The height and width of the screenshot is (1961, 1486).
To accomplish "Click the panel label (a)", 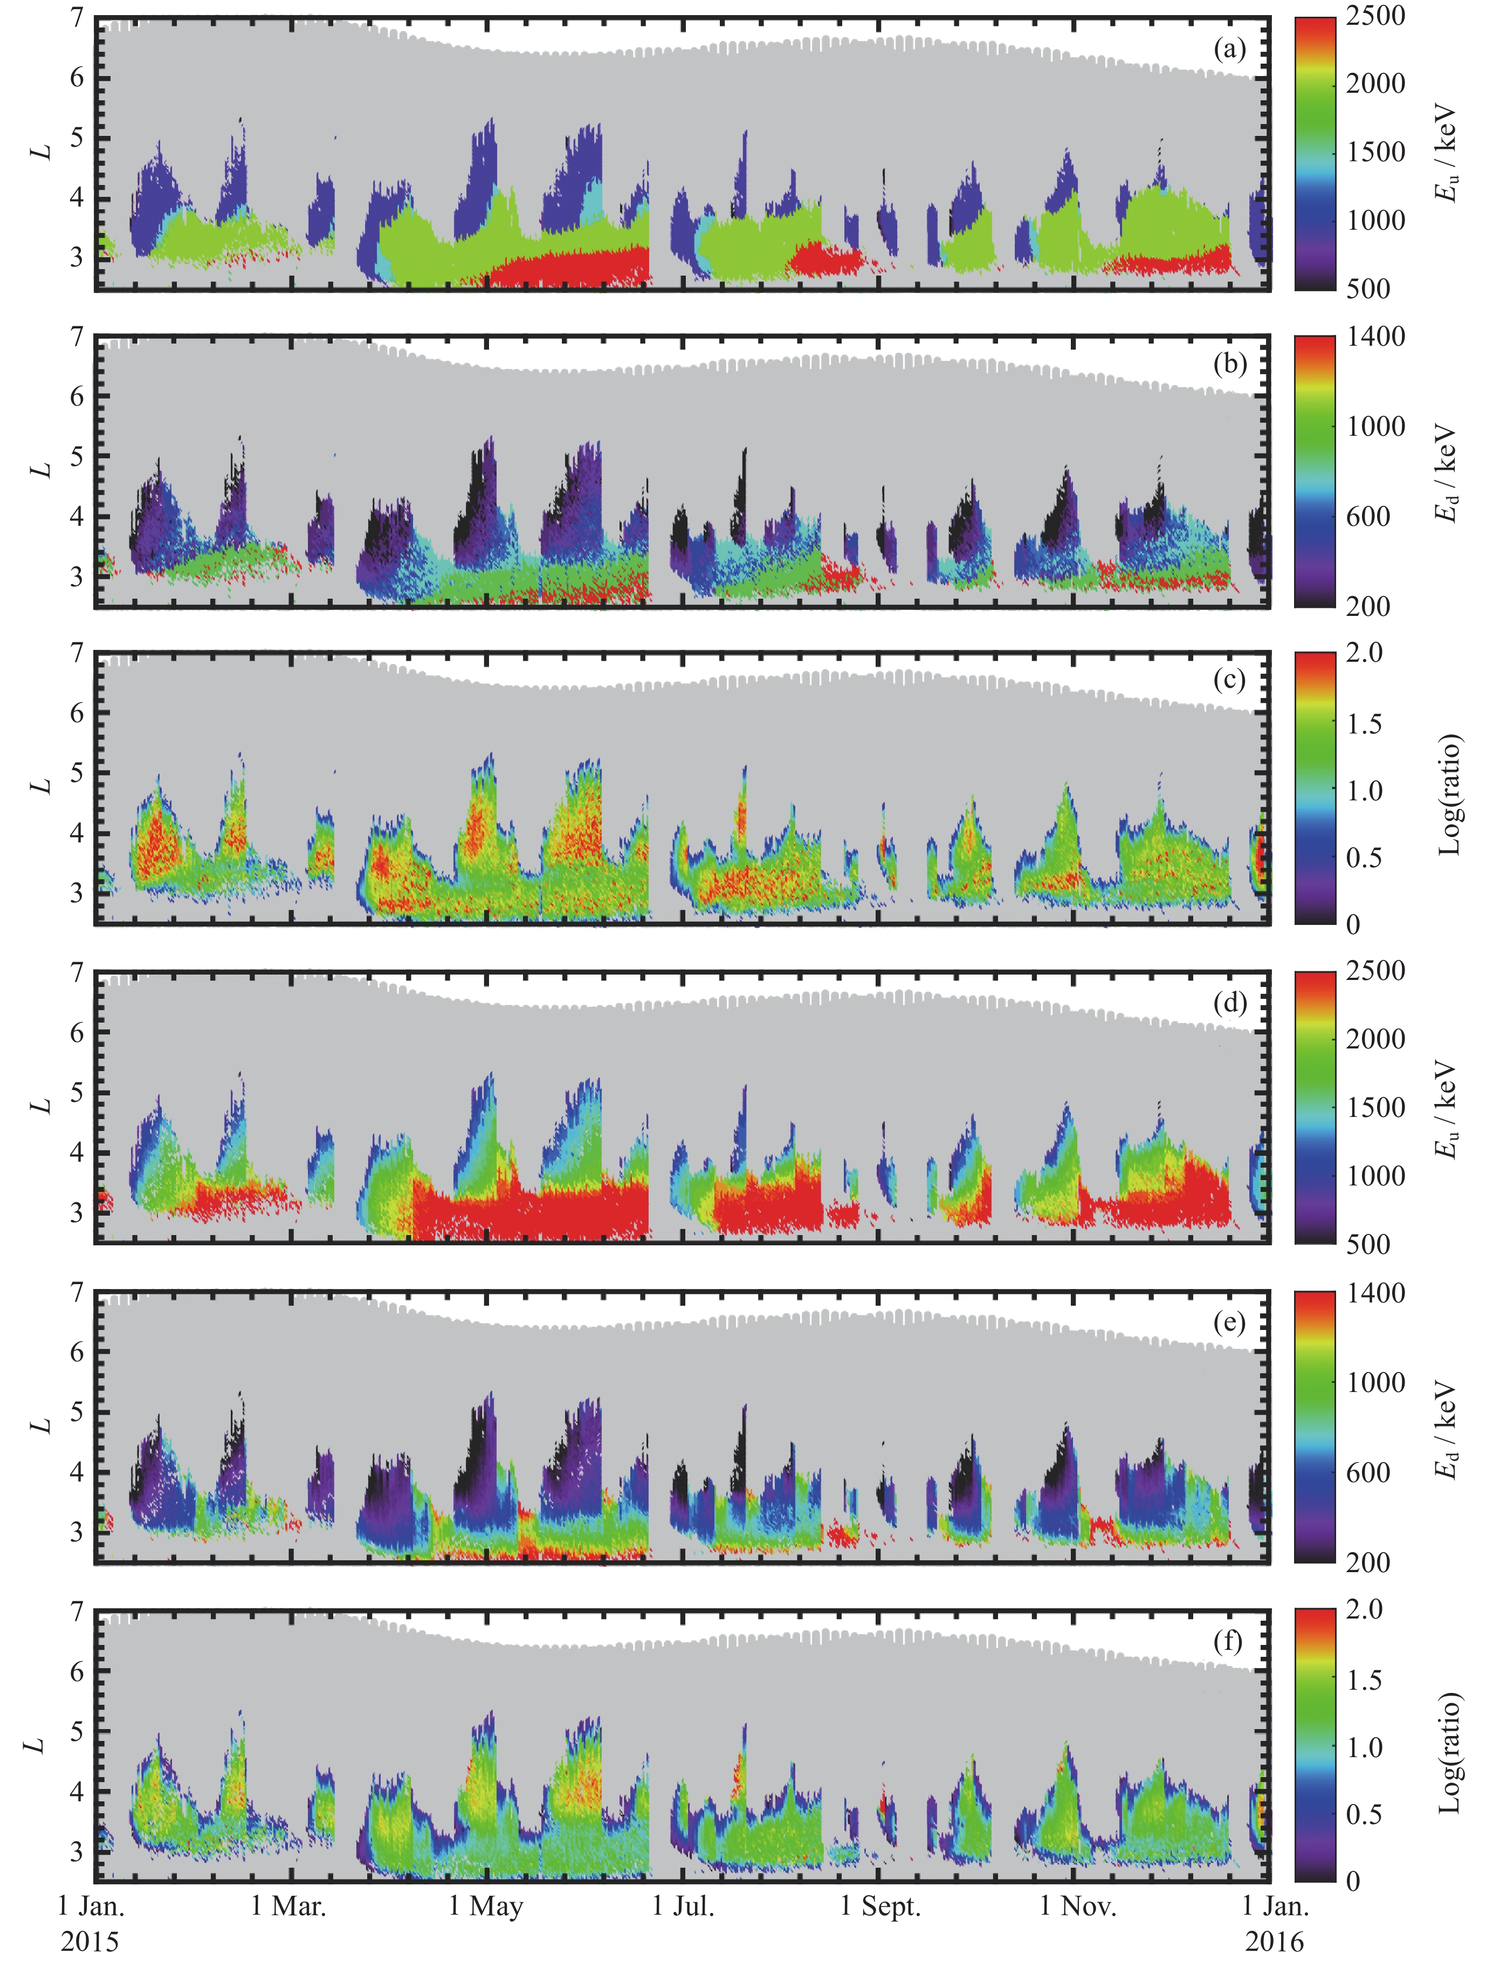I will point(1229,50).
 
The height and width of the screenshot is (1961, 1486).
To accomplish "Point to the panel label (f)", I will point(1229,1641).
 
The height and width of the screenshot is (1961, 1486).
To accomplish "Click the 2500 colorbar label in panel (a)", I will point(1375,16).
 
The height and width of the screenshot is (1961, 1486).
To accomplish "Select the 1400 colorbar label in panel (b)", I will point(1375,337).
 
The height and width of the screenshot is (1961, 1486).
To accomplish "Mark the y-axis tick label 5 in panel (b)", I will point(77,457).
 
